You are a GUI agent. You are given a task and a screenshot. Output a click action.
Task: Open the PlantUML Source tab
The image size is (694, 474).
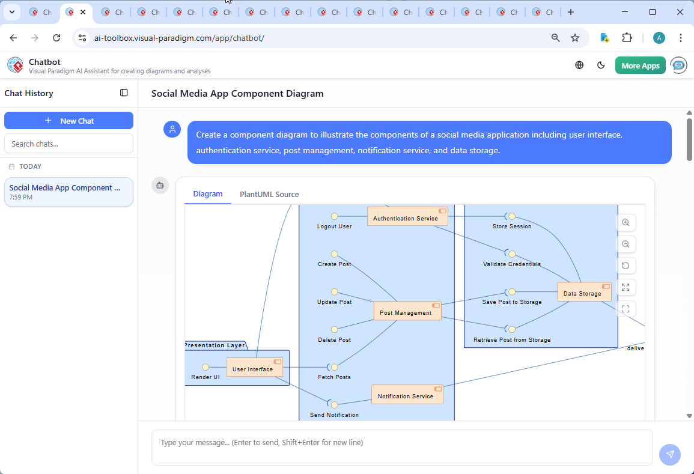coord(269,195)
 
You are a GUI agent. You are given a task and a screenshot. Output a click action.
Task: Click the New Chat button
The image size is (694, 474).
coord(68,121)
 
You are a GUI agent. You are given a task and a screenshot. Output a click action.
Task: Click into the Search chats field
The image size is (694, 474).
coord(68,144)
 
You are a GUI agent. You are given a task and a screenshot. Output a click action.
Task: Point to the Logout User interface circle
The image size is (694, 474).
coord(335,216)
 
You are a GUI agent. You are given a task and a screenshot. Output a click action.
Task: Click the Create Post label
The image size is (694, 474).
coord(334,264)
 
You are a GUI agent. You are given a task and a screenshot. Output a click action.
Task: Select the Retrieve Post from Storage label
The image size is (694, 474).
coord(512,340)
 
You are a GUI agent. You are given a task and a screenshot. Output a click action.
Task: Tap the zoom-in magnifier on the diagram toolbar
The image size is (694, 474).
coord(626,223)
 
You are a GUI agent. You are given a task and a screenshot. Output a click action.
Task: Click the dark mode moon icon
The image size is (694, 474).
coord(601,65)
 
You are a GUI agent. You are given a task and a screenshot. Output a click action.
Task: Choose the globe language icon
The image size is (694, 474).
coord(579,65)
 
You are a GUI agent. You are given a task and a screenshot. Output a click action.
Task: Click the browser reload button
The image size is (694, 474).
coord(56,38)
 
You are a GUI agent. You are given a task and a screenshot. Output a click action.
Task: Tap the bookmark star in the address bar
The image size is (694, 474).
coord(575,38)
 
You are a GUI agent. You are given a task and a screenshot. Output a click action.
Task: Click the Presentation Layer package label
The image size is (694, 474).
coord(215,345)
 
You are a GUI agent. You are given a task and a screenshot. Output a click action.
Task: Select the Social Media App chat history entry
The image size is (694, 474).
coord(68,192)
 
